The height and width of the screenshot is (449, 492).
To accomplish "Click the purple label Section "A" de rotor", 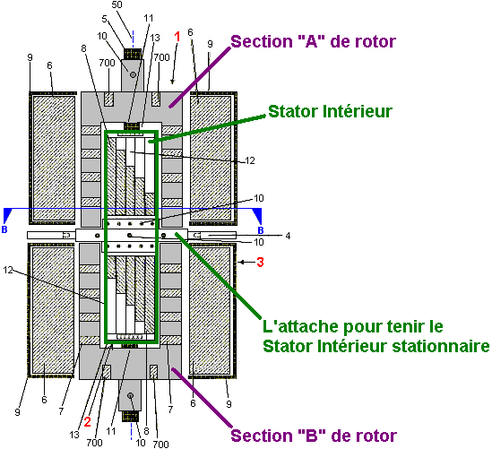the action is click(x=313, y=41).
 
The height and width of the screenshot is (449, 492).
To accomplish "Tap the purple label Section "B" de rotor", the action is click(x=314, y=436).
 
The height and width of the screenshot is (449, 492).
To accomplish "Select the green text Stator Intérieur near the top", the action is click(x=330, y=111).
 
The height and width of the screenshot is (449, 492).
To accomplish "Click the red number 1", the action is click(x=177, y=37).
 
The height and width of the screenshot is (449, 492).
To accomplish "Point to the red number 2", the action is click(x=87, y=422).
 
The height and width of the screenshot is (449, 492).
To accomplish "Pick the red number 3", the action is click(x=260, y=262).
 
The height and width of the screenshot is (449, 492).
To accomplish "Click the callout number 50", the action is click(x=117, y=4).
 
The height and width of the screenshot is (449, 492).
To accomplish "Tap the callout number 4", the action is click(x=288, y=236).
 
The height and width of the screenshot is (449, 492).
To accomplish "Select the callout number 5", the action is click(x=105, y=19).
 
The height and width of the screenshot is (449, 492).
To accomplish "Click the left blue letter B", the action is click(x=4, y=229).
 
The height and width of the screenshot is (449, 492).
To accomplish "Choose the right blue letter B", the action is click(x=261, y=230).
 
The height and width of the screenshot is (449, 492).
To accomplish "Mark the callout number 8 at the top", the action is click(x=83, y=48).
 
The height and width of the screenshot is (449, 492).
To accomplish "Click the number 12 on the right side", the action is click(x=250, y=160).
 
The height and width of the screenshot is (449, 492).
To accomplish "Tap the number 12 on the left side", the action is click(x=8, y=270).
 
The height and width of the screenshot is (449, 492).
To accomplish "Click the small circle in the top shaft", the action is click(x=133, y=74).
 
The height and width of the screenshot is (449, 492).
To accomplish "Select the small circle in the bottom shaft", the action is click(x=131, y=395).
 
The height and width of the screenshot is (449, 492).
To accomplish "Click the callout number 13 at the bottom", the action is click(x=74, y=435).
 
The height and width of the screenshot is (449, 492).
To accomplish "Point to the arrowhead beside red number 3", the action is click(x=240, y=262).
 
